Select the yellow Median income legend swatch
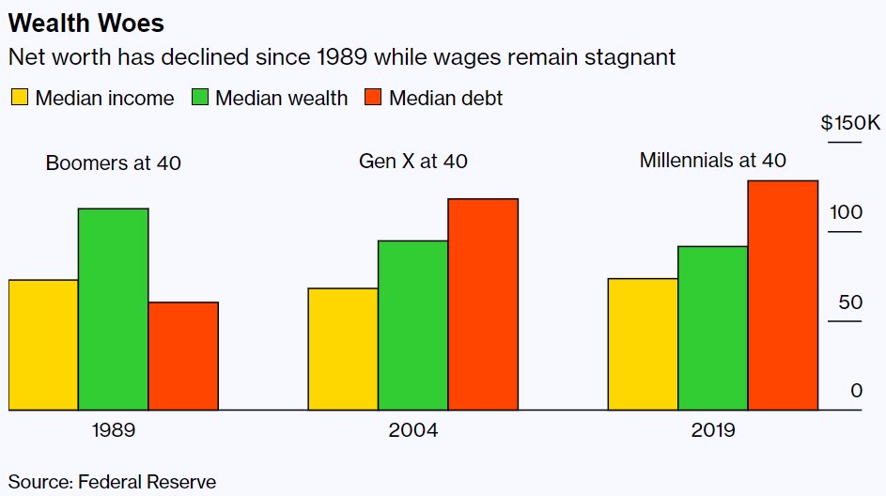coord(19,98)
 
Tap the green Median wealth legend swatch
coord(199,98)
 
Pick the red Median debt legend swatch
coord(372,98)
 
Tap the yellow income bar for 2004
coord(343,349)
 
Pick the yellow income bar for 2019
coord(643,344)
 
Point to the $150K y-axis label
coord(849,124)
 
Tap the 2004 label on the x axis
coord(413,431)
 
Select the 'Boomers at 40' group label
coord(113,163)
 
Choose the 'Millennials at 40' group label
coord(712,161)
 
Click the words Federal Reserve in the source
coord(147,482)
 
